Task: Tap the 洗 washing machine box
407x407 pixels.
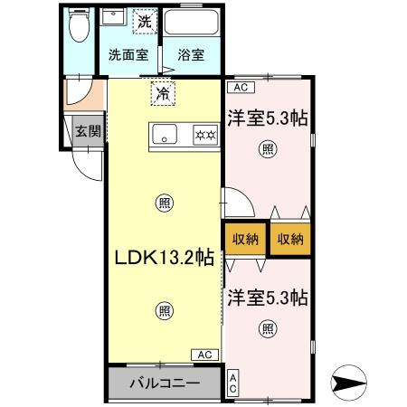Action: tap(144, 20)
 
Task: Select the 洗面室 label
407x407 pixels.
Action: tap(127, 54)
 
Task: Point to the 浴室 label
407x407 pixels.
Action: tap(190, 54)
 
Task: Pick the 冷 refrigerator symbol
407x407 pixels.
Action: tap(163, 92)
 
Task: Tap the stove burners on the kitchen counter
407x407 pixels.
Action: tap(204, 136)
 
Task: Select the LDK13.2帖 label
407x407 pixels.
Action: tap(163, 257)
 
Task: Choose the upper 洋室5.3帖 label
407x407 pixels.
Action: tap(268, 118)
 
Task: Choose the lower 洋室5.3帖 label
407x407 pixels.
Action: tap(268, 296)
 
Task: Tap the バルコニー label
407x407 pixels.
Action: tap(163, 383)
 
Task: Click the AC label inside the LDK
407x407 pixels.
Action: tap(204, 355)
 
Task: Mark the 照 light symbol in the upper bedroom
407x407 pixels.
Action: tap(268, 148)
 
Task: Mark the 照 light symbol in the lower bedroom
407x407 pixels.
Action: tap(268, 327)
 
